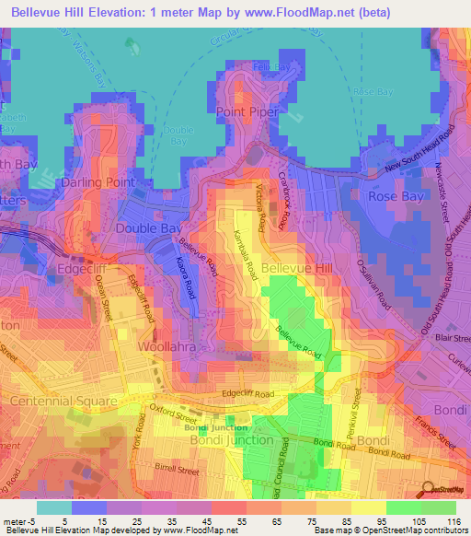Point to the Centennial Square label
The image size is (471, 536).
63,402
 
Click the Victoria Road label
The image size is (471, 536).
265,208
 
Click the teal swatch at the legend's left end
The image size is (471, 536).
54,507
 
